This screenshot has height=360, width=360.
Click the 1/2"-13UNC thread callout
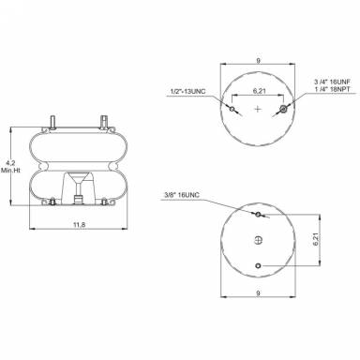point(187,90)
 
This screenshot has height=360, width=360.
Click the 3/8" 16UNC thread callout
point(178,195)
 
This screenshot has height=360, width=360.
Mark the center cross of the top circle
point(258,111)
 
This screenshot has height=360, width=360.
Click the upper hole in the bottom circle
point(258,214)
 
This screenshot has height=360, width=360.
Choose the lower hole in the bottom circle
point(258,266)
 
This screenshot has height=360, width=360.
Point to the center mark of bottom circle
point(258,240)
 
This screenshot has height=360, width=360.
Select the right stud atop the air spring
point(102,119)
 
